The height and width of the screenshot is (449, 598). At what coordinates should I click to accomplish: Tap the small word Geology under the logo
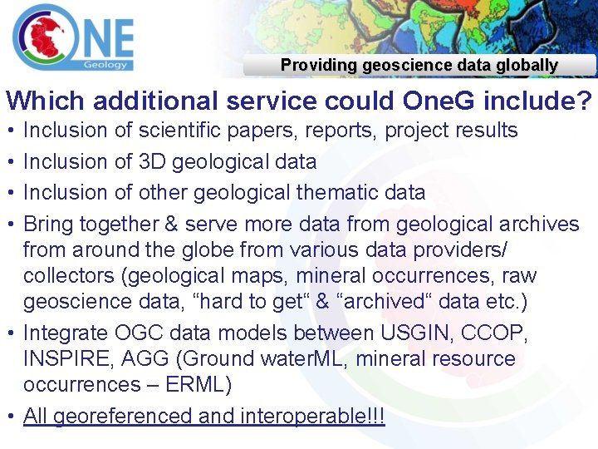pyautogui.click(x=105, y=64)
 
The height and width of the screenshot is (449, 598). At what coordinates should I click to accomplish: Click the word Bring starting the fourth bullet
pyautogui.click(x=48, y=224)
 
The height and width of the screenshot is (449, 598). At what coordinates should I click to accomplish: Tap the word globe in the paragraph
pyautogui.click(x=217, y=250)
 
